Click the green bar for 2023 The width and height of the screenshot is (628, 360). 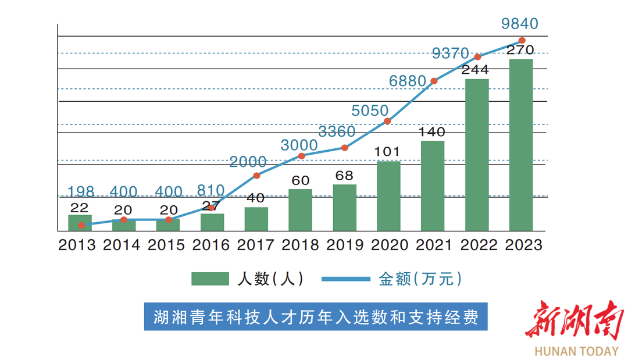click(521, 145)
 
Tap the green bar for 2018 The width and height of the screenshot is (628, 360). click(300, 210)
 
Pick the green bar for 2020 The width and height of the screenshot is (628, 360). click(388, 196)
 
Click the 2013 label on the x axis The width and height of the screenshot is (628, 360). click(77, 245)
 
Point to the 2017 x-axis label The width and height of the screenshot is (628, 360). click(256, 245)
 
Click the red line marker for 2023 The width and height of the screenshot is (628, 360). click(522, 41)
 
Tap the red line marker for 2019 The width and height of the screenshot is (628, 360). click(345, 148)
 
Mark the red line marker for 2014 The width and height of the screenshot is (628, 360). click(124, 220)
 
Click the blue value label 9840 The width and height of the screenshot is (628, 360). click(520, 24)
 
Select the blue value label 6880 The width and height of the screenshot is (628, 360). click(408, 82)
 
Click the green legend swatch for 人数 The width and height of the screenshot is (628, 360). click(210, 279)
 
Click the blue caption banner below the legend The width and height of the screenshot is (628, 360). click(316, 317)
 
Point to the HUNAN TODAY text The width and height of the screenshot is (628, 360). click(576, 351)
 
